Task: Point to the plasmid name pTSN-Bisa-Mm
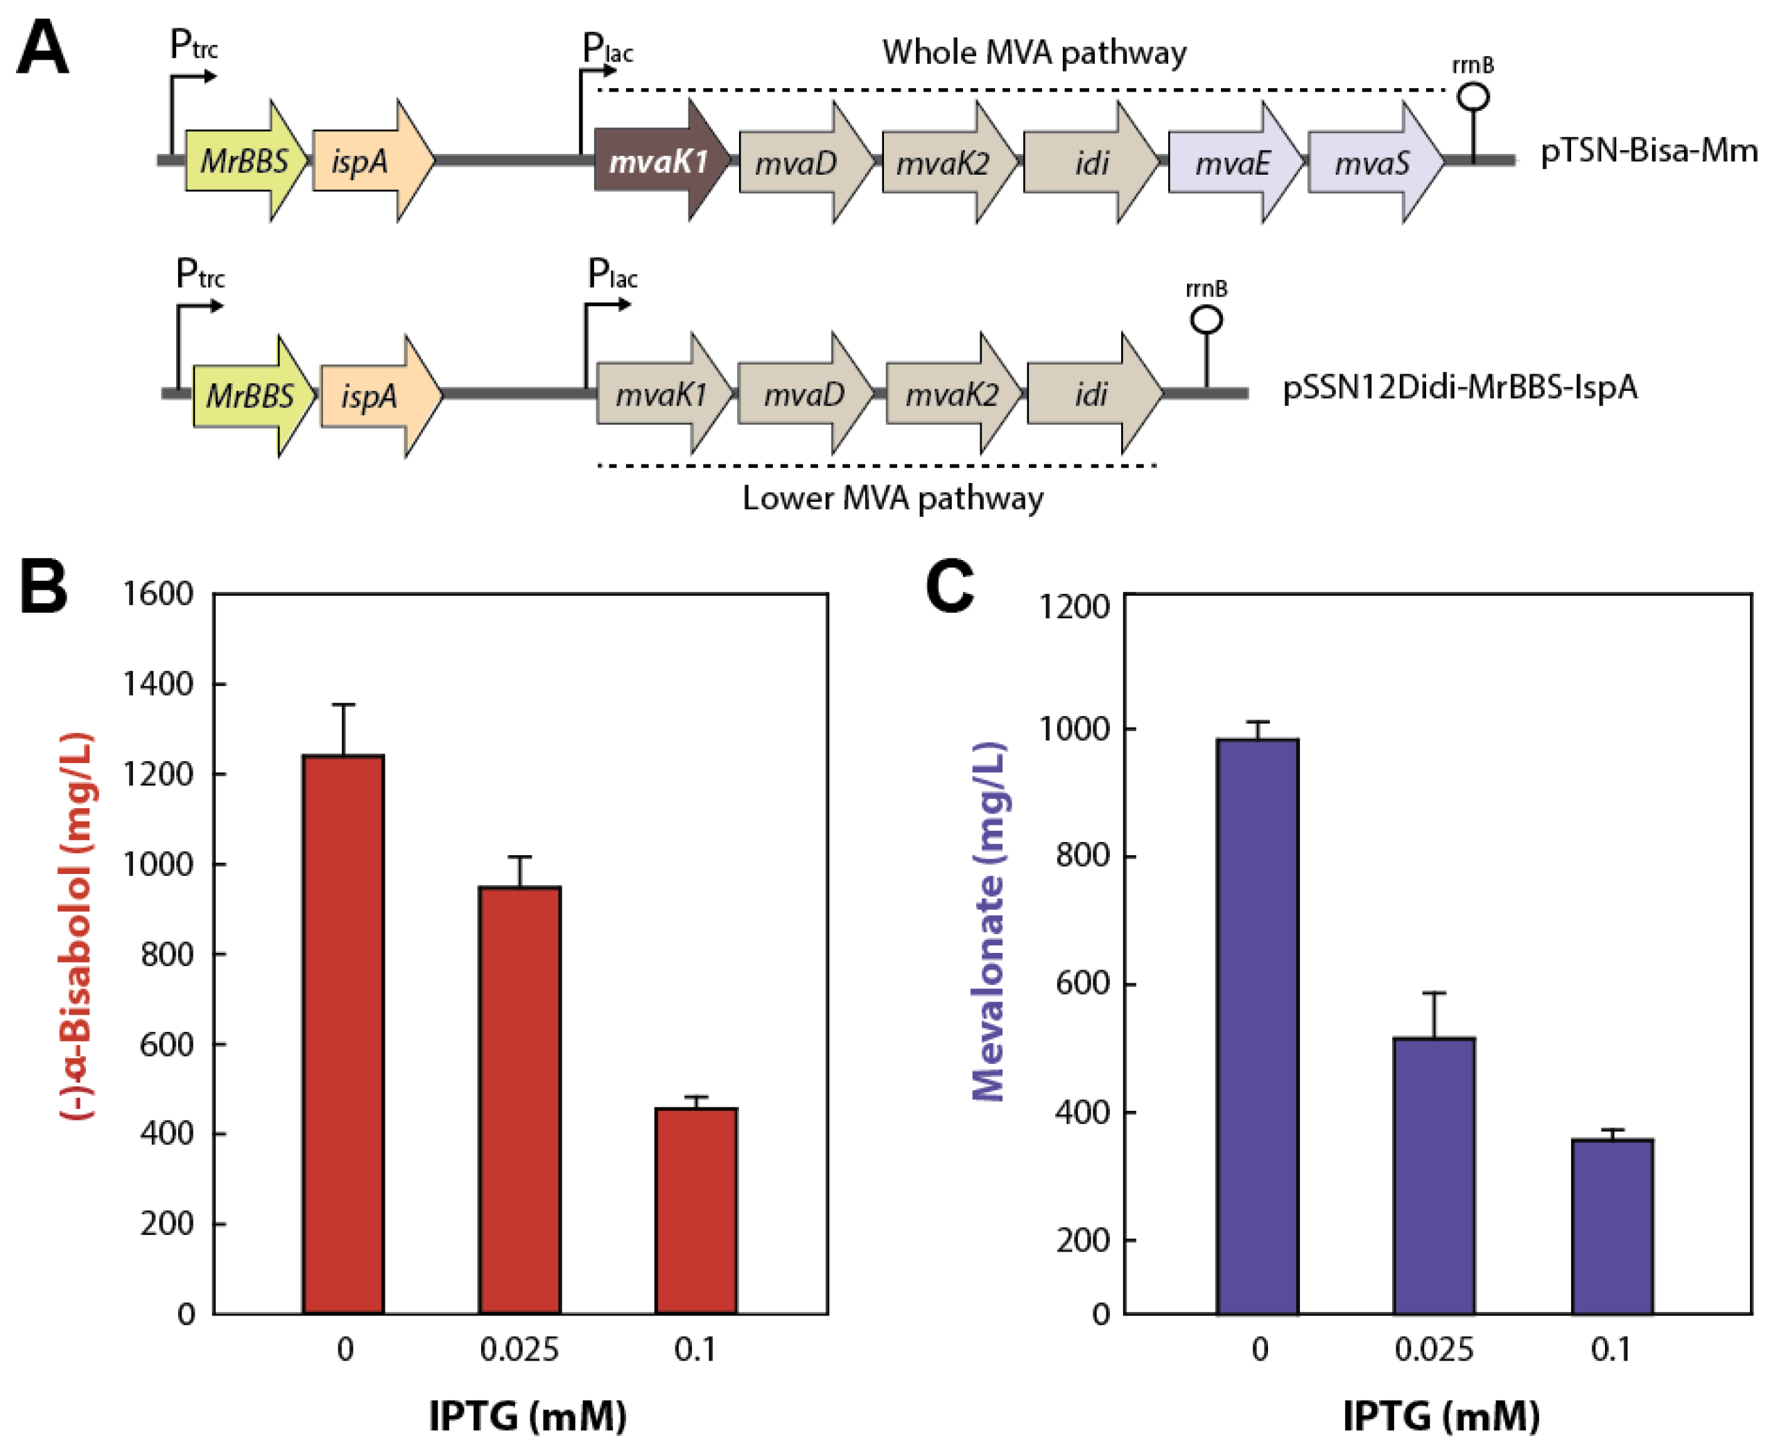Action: pyautogui.click(x=1649, y=151)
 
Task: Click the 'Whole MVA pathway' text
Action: pyautogui.click(x=1034, y=52)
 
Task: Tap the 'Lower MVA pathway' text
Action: pyautogui.click(x=893, y=498)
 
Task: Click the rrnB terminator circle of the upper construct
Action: pyautogui.click(x=1473, y=97)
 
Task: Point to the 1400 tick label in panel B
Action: pyautogui.click(x=157, y=684)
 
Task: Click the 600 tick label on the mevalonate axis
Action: pyautogui.click(x=1082, y=983)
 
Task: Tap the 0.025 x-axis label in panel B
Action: pyautogui.click(x=519, y=1349)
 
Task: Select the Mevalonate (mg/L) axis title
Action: pyautogui.click(x=989, y=921)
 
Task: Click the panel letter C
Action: pyautogui.click(x=950, y=586)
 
